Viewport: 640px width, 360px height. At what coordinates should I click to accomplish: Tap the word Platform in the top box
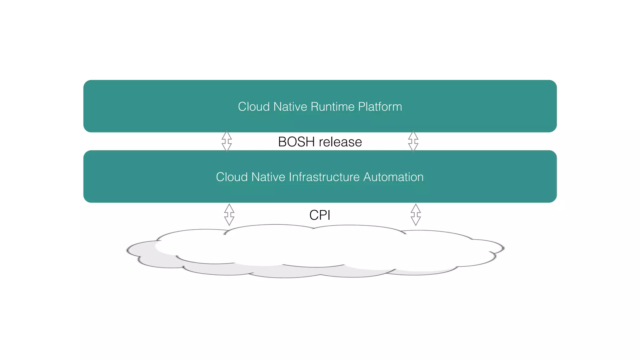pos(380,107)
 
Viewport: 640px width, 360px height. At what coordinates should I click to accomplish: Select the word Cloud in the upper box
pos(254,107)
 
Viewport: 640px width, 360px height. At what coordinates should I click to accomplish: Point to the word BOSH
pos(296,142)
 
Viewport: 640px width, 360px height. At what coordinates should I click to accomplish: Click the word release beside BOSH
pos(340,142)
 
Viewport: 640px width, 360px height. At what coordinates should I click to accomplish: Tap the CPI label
pos(320,215)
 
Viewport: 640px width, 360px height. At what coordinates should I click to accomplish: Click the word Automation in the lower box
pos(393,177)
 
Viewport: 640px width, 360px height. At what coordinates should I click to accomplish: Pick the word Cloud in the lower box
pos(232,177)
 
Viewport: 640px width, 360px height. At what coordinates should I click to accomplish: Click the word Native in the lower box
pos(268,177)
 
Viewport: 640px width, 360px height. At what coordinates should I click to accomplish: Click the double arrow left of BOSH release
pos(227,141)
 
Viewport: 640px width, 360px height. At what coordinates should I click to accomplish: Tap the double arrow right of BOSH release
pos(413,141)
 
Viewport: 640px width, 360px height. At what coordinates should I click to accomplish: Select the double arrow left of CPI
pos(229,215)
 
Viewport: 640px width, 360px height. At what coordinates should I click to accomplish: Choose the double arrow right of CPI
pos(416,215)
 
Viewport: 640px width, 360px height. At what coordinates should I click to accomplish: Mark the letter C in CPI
pos(314,215)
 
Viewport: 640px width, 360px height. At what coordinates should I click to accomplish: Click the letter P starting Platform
pos(361,107)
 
